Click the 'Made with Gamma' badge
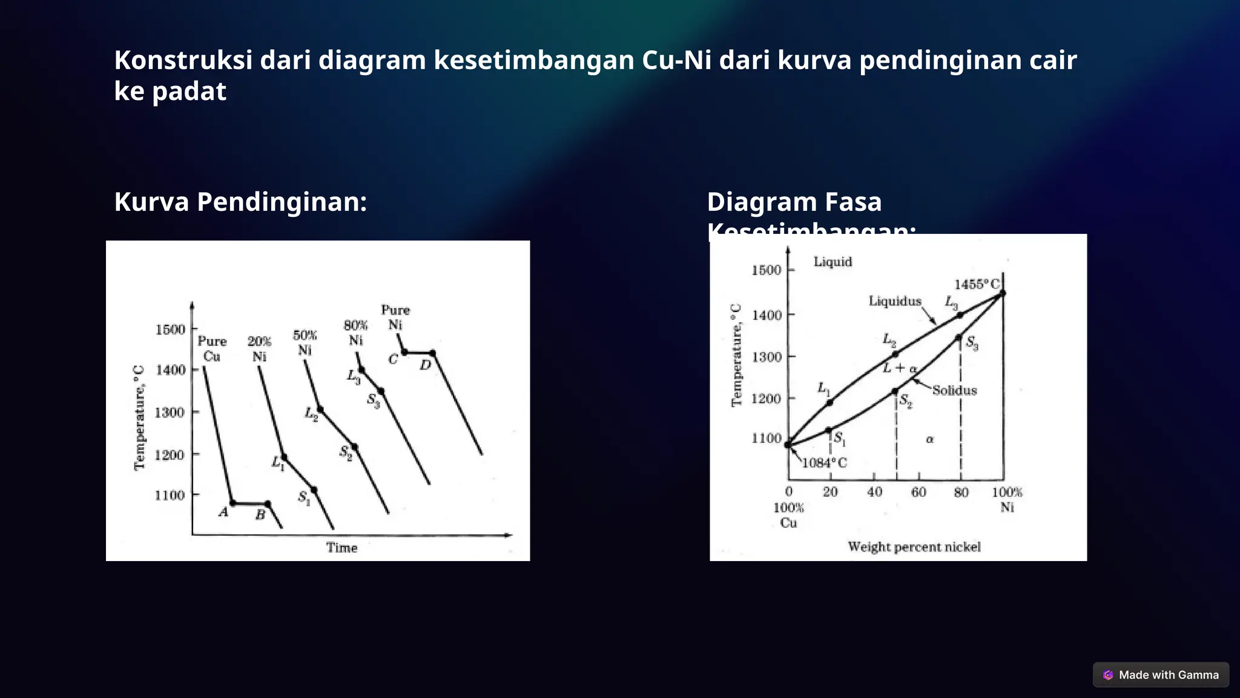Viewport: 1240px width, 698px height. click(x=1161, y=675)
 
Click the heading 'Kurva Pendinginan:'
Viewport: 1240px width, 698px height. click(x=240, y=202)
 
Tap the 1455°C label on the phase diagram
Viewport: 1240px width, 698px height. click(x=977, y=284)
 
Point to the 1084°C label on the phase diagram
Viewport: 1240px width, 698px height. click(x=825, y=463)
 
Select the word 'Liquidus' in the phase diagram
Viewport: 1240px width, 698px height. click(x=895, y=301)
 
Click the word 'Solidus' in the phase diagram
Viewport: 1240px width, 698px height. click(x=954, y=391)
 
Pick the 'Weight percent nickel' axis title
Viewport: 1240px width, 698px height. click(x=914, y=547)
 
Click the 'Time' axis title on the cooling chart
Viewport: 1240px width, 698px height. click(x=342, y=548)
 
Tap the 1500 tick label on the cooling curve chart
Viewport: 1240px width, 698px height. click(x=170, y=330)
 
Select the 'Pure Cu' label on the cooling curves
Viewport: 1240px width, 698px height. click(x=212, y=349)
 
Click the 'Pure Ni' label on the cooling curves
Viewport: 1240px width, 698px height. click(x=395, y=317)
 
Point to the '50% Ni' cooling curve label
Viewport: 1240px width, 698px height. click(x=305, y=343)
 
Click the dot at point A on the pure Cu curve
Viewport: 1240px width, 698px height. click(x=233, y=503)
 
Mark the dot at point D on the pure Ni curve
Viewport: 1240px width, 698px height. click(x=432, y=353)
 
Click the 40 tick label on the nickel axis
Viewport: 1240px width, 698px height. click(x=874, y=492)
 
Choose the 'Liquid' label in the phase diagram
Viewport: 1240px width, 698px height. click(x=833, y=262)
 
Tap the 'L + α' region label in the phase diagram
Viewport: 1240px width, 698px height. click(x=900, y=368)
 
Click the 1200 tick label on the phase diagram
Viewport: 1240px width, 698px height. click(x=766, y=399)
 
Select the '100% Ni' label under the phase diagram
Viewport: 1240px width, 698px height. click(x=1006, y=499)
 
